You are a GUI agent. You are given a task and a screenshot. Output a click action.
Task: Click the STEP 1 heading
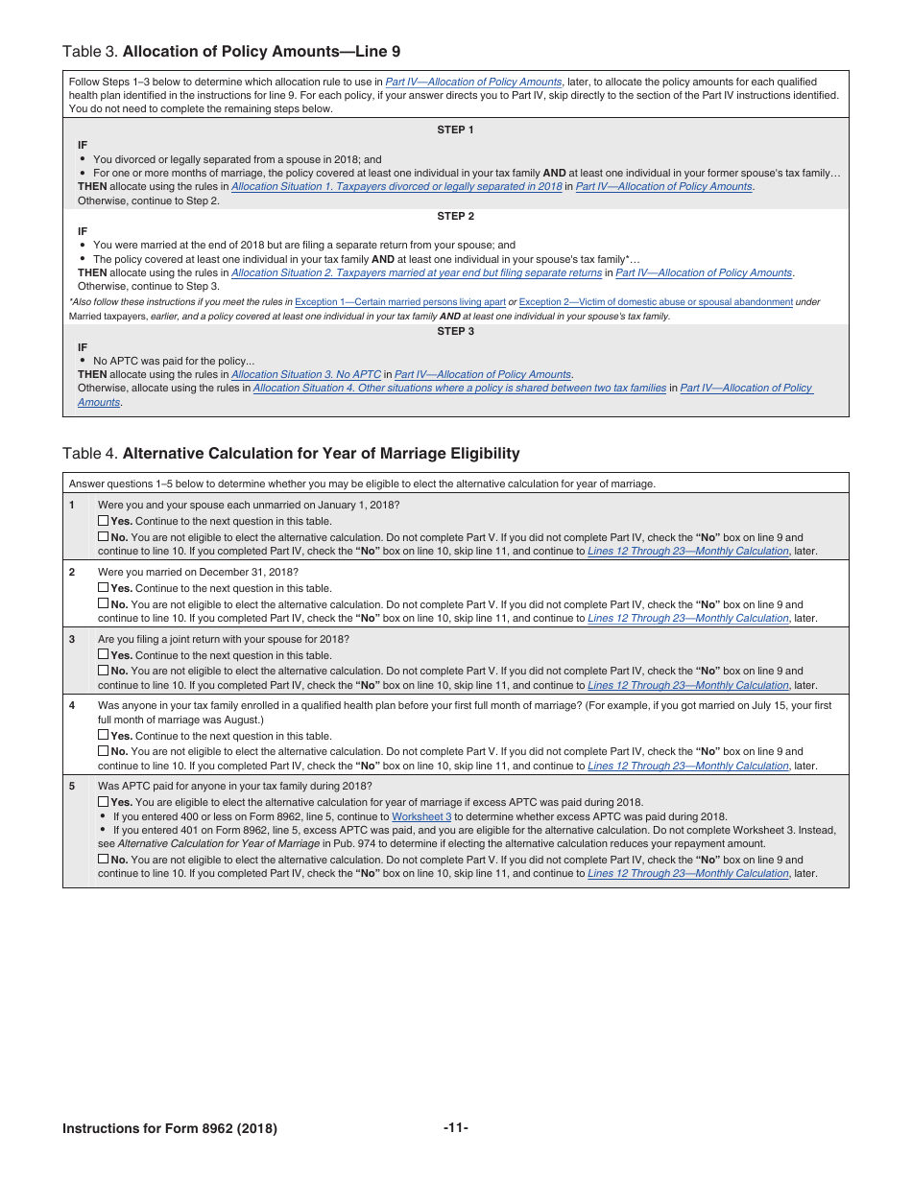[455, 130]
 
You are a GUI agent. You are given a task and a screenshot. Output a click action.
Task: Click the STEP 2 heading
[455, 216]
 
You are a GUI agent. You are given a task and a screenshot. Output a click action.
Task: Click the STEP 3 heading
[455, 331]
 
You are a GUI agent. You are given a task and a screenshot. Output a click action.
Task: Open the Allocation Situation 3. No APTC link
[306, 374]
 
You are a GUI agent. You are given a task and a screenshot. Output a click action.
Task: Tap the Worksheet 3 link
[421, 816]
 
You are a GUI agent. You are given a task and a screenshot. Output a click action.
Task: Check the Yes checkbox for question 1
[103, 521]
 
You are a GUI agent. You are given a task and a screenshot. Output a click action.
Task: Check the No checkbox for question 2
[103, 604]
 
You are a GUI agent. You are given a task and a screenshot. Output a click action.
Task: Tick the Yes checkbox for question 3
[103, 655]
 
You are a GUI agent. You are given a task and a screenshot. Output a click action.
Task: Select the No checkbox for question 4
[103, 751]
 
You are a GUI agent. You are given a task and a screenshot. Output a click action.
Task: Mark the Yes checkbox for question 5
[103, 802]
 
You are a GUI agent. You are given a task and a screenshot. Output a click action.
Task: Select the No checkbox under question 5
[103, 860]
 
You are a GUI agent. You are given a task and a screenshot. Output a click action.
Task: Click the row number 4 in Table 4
[72, 705]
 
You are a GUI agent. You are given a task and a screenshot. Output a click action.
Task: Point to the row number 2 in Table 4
[72, 572]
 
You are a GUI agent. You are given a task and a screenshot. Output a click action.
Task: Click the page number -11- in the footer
[456, 1127]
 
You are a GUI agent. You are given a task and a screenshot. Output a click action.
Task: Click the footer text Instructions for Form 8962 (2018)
[170, 1128]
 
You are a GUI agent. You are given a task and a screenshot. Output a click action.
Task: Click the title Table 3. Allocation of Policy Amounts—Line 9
[231, 51]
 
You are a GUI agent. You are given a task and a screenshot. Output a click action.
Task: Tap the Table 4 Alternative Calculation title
[291, 453]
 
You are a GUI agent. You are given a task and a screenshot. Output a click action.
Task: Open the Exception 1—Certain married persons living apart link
[399, 302]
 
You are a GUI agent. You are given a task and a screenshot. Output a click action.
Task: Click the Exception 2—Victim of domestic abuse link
[656, 302]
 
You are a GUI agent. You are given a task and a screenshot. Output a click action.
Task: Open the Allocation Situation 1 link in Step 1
[396, 186]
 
